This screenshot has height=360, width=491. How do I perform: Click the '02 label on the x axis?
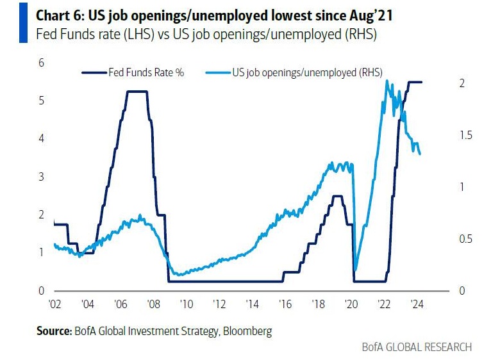pyautogui.click(x=54, y=304)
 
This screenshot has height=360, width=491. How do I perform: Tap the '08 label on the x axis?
pyautogui.click(x=153, y=304)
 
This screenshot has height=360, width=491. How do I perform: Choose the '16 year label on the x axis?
pyautogui.click(x=285, y=304)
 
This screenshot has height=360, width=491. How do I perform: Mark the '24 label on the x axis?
pyautogui.click(x=416, y=304)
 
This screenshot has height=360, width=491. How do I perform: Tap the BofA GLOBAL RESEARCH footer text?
pyautogui.click(x=420, y=347)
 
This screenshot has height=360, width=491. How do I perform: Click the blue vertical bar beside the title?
pyautogui.click(x=23, y=22)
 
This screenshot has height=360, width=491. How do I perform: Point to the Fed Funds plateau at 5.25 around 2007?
pyautogui.click(x=137, y=92)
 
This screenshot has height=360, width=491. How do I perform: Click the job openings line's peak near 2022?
pyautogui.click(x=387, y=81)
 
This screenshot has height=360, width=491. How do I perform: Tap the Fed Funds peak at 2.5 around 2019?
pyautogui.click(x=337, y=196)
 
